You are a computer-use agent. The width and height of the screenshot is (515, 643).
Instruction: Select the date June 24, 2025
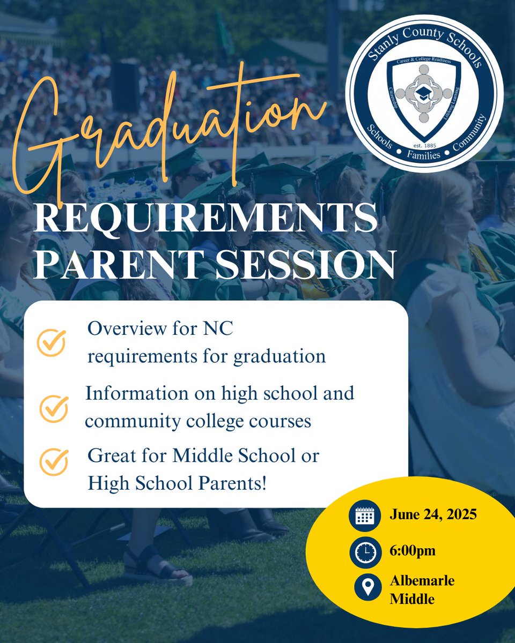433,515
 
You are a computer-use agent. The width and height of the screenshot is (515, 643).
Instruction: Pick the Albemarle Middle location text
422,589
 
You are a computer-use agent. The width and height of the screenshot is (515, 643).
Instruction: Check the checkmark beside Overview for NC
51,343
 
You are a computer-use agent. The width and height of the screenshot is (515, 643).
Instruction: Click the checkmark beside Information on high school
54,409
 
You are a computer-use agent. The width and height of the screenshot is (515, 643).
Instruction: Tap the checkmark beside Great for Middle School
54,462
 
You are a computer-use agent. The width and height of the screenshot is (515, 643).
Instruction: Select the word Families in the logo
424,155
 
